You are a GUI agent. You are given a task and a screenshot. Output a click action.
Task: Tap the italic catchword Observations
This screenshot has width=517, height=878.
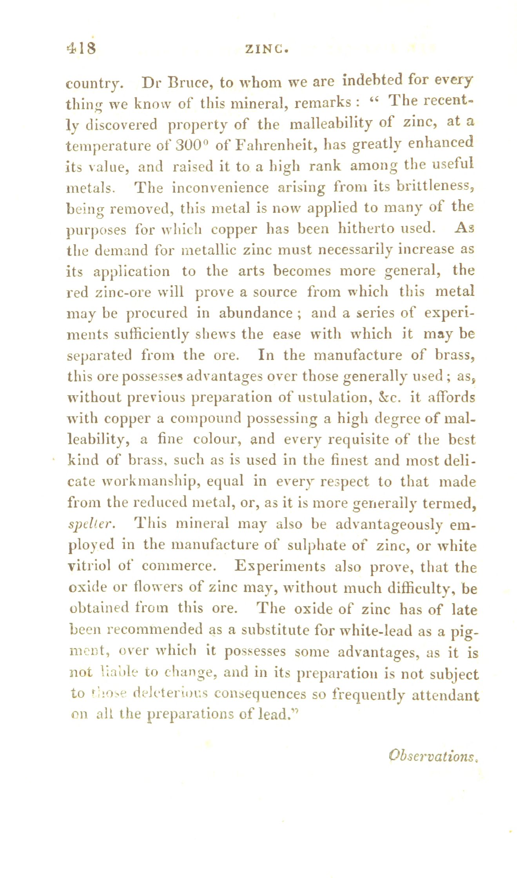(x=432, y=755)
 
